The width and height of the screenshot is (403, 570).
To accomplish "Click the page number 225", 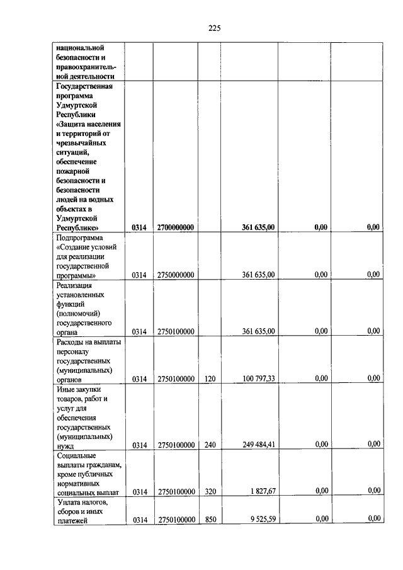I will coord(214,28).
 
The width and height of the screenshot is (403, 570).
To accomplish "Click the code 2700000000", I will coord(176,227).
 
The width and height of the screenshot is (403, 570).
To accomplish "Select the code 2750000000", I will coord(176,275).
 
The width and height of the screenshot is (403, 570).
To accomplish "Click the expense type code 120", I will coord(210,379).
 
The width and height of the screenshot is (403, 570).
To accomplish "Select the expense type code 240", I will coord(210,445).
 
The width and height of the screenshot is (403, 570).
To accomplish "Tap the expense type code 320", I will coord(210,491).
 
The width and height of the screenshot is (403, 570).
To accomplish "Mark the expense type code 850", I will coord(210,520).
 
